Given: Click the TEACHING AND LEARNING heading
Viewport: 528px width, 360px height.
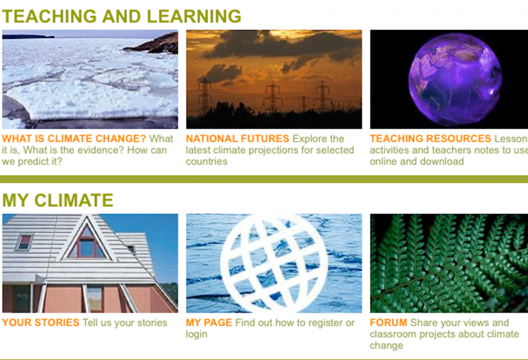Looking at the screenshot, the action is pyautogui.click(x=122, y=16).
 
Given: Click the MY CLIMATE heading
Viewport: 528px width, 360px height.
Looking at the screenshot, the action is pyautogui.click(x=58, y=200).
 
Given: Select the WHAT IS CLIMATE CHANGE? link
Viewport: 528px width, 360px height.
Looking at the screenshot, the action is pyautogui.click(x=74, y=138).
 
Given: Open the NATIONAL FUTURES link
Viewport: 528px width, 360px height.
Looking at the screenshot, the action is pyautogui.click(x=237, y=138).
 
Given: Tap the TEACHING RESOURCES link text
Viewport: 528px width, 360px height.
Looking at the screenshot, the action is pyautogui.click(x=431, y=138).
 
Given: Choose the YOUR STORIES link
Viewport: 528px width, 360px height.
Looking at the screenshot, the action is pyautogui.click(x=41, y=322).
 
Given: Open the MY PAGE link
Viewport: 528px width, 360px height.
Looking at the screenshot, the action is pyautogui.click(x=209, y=322).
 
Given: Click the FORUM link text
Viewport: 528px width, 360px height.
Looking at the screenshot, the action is pyautogui.click(x=388, y=322).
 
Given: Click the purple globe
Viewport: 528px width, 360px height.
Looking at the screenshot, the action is pyautogui.click(x=455, y=79).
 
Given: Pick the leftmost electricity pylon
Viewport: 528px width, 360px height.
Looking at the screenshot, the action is pyautogui.click(x=205, y=96).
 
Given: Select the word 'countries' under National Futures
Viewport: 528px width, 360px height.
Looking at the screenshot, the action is pyautogui.click(x=206, y=161).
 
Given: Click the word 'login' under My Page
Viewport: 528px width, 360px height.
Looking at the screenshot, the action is pyautogui.click(x=196, y=334).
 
